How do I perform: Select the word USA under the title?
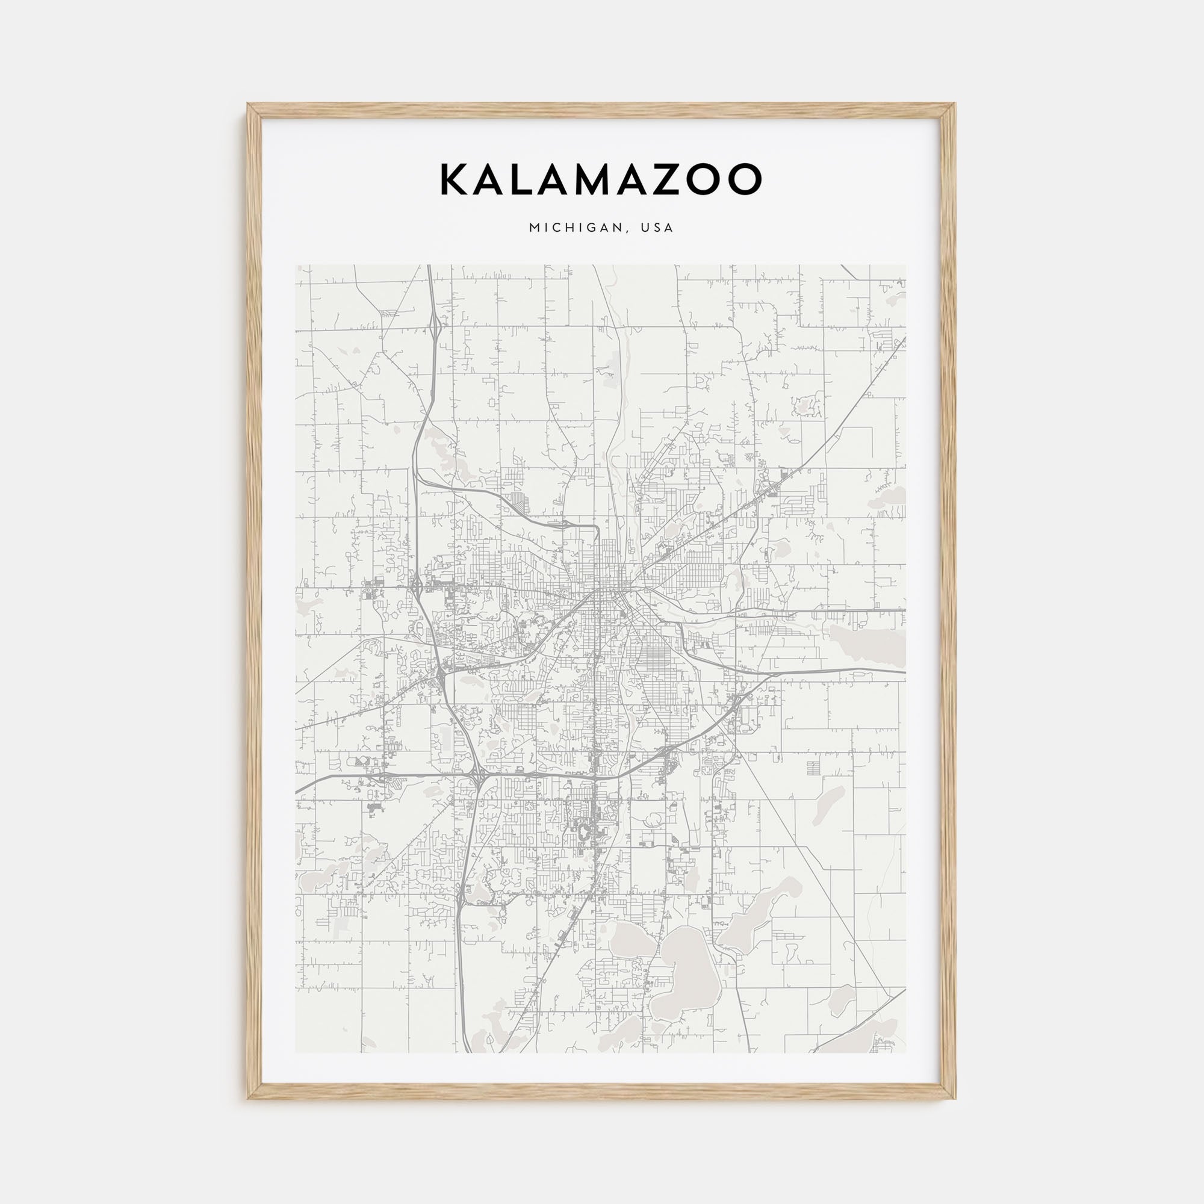pyautogui.click(x=660, y=228)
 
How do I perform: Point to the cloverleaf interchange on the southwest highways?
pyautogui.click(x=480, y=777)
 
